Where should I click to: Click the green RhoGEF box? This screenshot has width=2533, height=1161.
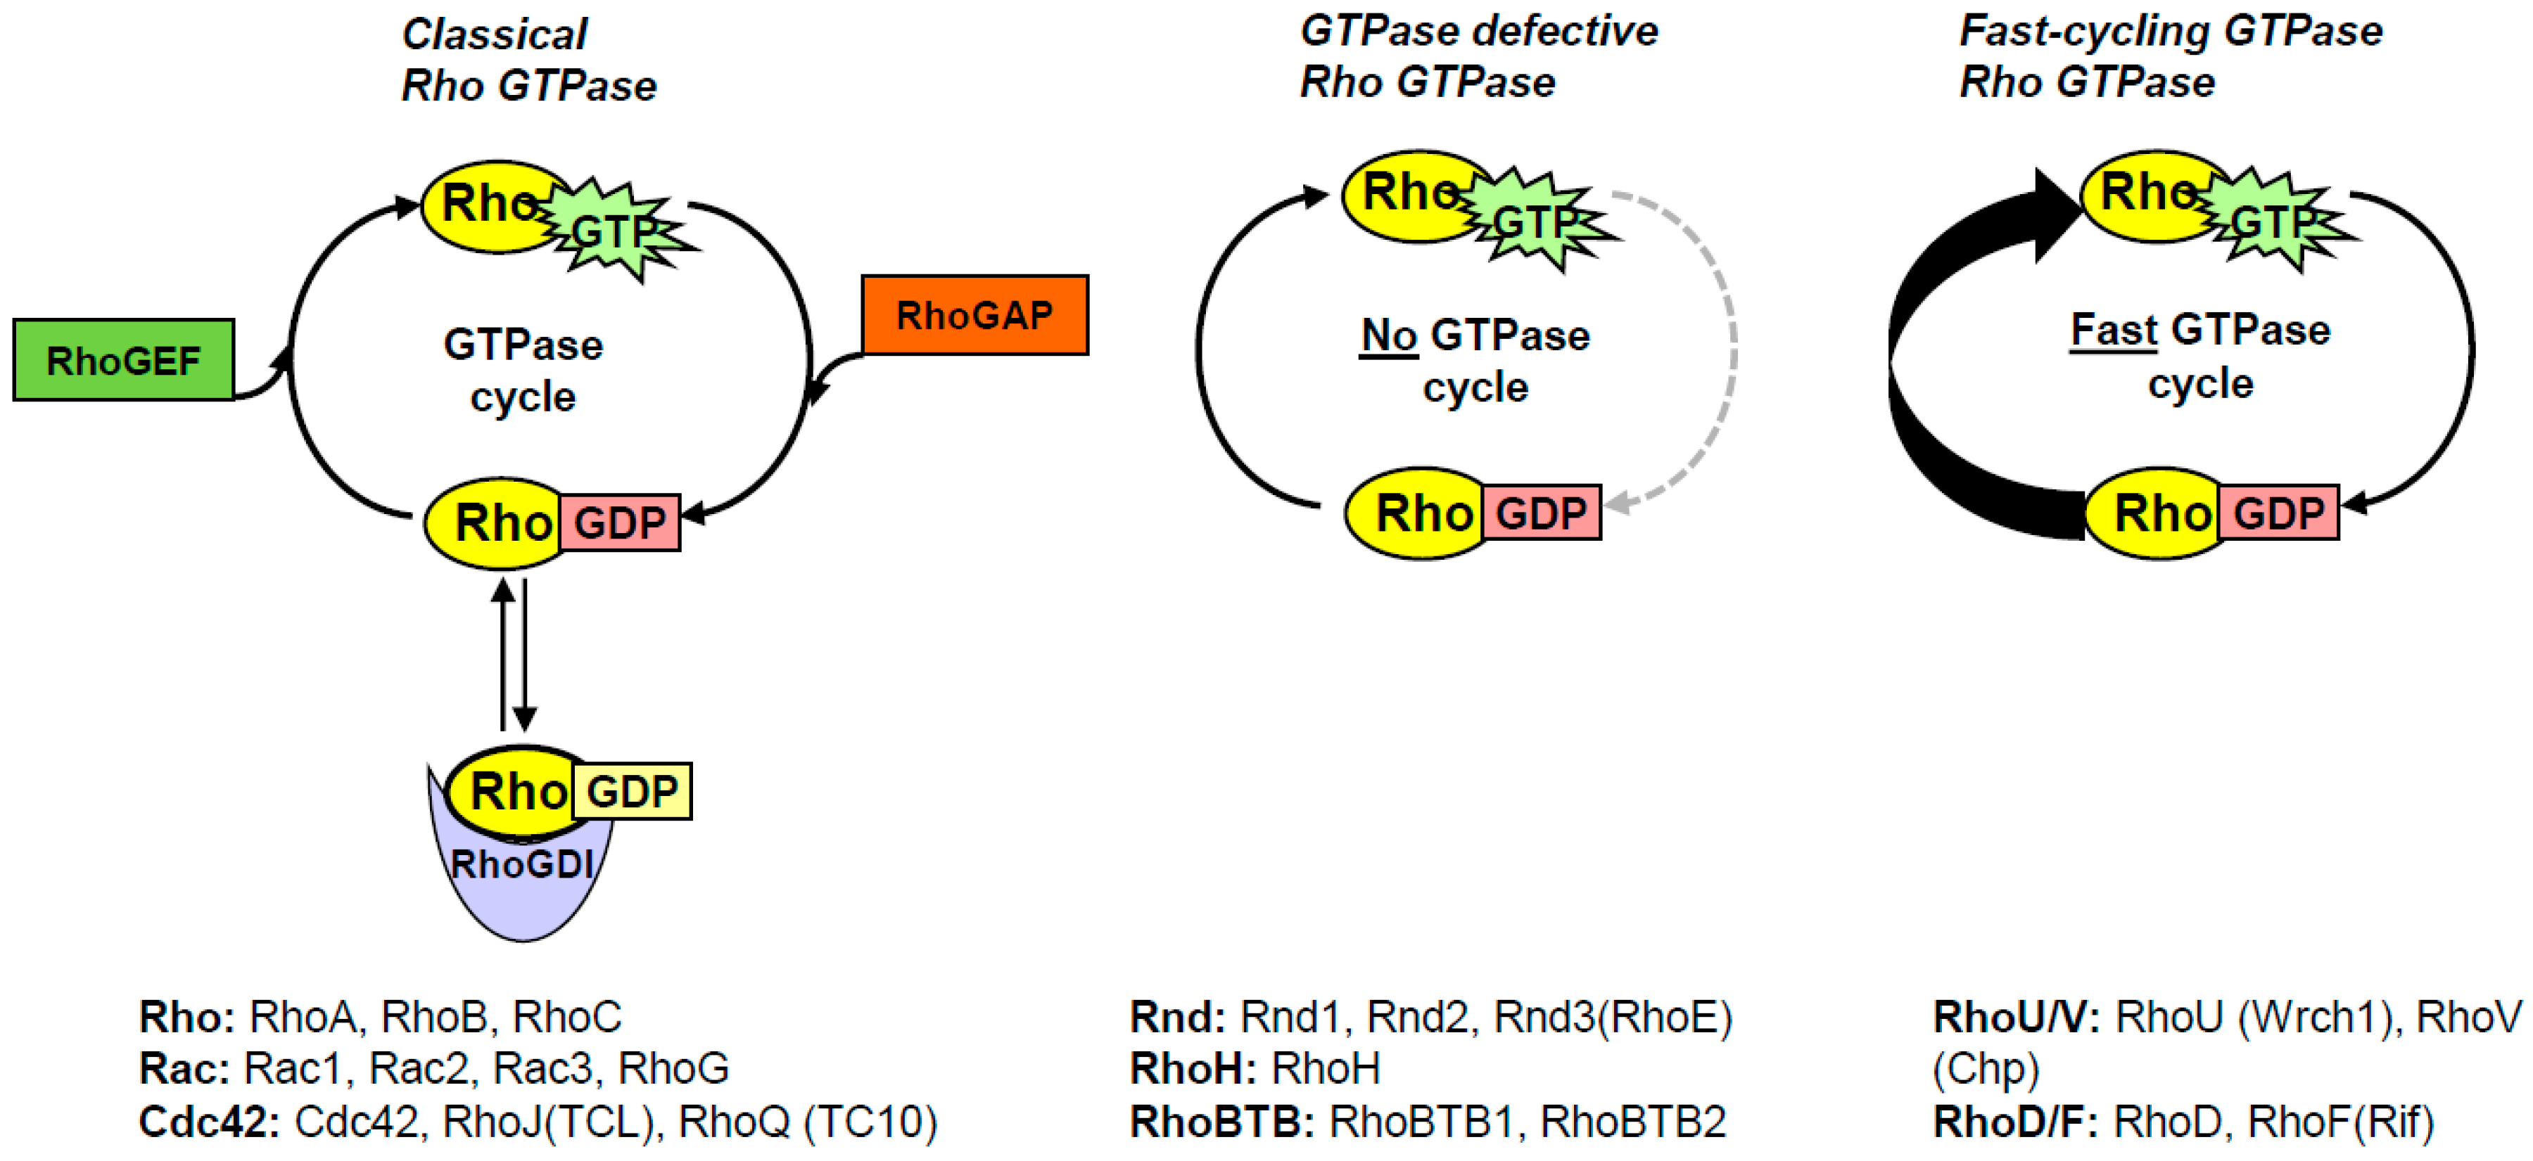point(123,360)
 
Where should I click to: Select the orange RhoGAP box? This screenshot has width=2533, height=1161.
point(974,314)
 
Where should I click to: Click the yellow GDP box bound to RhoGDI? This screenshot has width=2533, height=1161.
point(633,791)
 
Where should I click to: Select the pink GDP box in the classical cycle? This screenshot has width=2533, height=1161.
point(619,522)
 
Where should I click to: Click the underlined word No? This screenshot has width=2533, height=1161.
point(1388,335)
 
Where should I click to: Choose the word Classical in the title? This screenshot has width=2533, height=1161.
point(495,34)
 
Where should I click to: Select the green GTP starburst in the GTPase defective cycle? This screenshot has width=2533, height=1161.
point(1537,222)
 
